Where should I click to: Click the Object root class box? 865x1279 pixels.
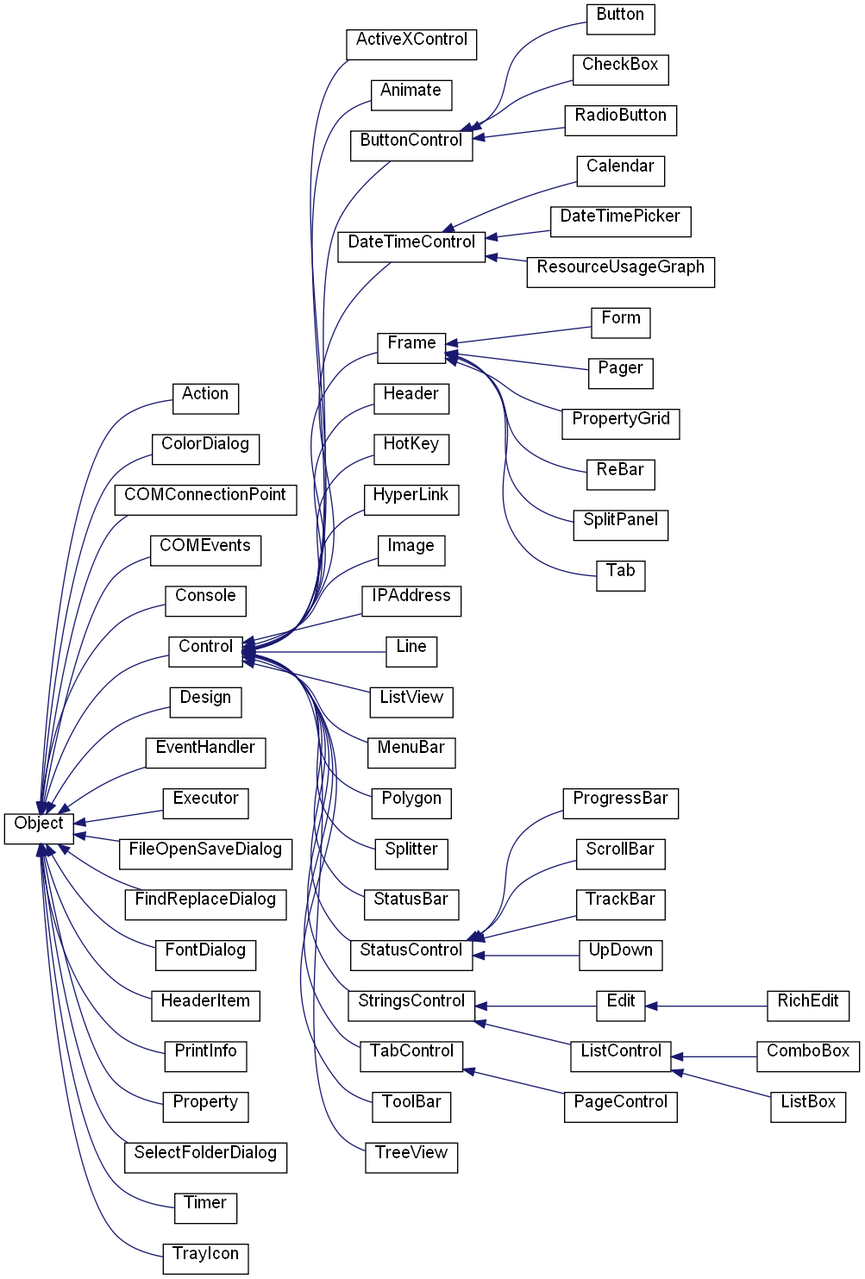[39, 829]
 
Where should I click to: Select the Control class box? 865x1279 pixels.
[205, 651]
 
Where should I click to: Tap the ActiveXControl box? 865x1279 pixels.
[411, 45]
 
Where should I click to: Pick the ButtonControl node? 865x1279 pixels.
[411, 146]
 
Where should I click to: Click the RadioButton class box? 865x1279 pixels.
[621, 121]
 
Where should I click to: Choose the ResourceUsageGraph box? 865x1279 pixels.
[621, 273]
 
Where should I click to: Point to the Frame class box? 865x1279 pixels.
[411, 348]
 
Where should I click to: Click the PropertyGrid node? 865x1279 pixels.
[621, 424]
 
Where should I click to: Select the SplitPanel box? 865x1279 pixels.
[621, 525]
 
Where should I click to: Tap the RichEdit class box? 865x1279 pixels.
[808, 1006]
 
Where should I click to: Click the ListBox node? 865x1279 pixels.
[808, 1107]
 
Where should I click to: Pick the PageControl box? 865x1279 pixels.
[621, 1107]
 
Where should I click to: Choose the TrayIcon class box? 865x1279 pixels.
[205, 1259]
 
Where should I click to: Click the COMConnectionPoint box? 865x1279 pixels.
[205, 500]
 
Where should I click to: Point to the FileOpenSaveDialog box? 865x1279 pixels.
[205, 854]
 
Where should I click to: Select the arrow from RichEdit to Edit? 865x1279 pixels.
[706, 1006]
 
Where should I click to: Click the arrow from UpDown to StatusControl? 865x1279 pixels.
[526, 956]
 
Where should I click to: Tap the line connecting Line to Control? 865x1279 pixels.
[314, 651]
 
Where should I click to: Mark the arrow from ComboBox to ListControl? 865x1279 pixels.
[714, 1056]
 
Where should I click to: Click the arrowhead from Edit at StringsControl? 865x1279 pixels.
[480, 1006]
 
